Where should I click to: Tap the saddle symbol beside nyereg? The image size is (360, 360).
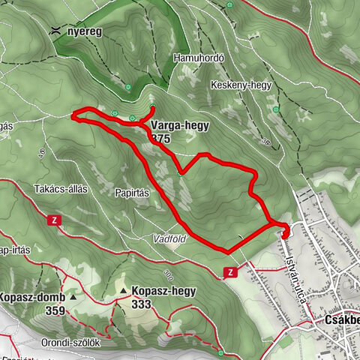pyautogui.click(x=56, y=31)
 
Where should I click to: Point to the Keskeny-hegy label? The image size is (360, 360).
pyautogui.click(x=241, y=85)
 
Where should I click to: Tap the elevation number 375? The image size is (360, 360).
pyautogui.click(x=160, y=139)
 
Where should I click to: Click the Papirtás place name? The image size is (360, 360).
pyautogui.click(x=133, y=193)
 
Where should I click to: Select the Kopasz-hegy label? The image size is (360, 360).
pyautogui.click(x=163, y=291)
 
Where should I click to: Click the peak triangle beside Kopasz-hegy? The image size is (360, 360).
pyautogui.click(x=123, y=291)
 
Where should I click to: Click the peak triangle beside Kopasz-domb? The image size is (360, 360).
pyautogui.click(x=73, y=297)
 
